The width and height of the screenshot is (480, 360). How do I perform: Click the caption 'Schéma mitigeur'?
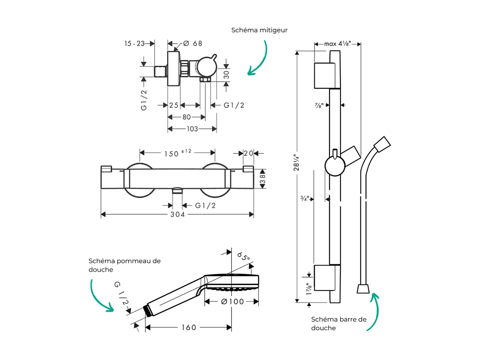coord(259,30)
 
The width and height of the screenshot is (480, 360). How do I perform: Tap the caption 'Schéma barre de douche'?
coord(338,323)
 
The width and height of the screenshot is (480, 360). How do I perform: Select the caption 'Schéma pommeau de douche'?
coord(124,265)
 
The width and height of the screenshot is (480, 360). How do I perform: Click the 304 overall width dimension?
coord(177,215)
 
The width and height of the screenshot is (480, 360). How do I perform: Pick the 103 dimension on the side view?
coord(192,129)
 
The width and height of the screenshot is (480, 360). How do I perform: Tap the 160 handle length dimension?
coord(189,328)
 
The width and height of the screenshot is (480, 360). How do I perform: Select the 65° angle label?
coord(244,257)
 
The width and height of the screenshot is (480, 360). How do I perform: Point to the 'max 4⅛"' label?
coord(337,44)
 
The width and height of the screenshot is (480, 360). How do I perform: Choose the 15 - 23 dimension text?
coord(134,44)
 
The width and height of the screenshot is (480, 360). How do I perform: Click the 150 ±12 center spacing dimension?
coord(177,153)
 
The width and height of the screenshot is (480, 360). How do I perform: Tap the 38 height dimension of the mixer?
coord(263,178)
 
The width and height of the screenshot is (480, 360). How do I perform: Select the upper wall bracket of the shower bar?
coord(324,75)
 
